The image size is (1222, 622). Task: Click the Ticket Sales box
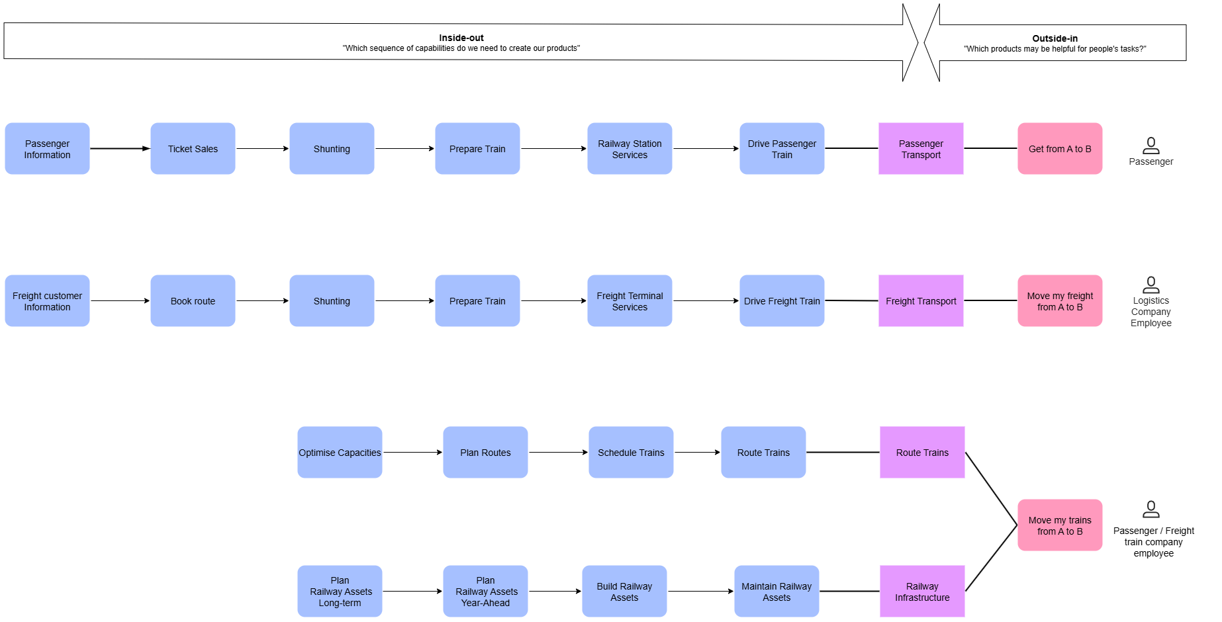point(193,149)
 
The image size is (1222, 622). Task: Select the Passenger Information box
point(47,149)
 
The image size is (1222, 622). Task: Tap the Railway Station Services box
point(630,149)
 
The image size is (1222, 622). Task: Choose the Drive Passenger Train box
point(782,149)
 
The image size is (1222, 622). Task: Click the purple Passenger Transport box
point(921,149)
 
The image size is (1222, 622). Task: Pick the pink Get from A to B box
point(1060,149)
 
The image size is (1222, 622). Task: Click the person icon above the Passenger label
point(1151,145)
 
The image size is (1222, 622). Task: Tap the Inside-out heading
point(461,38)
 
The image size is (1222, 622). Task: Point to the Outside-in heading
point(1055,38)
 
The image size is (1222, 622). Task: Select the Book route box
point(193,301)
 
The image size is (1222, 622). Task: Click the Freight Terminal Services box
point(630,301)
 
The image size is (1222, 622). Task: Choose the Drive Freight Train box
point(782,301)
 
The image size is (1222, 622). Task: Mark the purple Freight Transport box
point(921,301)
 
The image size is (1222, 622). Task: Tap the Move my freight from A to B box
point(1060,301)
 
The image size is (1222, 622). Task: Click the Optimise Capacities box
point(340,453)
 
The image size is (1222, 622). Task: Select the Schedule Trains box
point(631,453)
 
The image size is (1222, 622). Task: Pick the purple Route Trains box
point(922,453)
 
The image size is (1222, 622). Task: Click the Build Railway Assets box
point(624,592)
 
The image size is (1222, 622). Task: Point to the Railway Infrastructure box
point(922,592)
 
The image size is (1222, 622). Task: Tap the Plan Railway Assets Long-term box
point(340,592)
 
